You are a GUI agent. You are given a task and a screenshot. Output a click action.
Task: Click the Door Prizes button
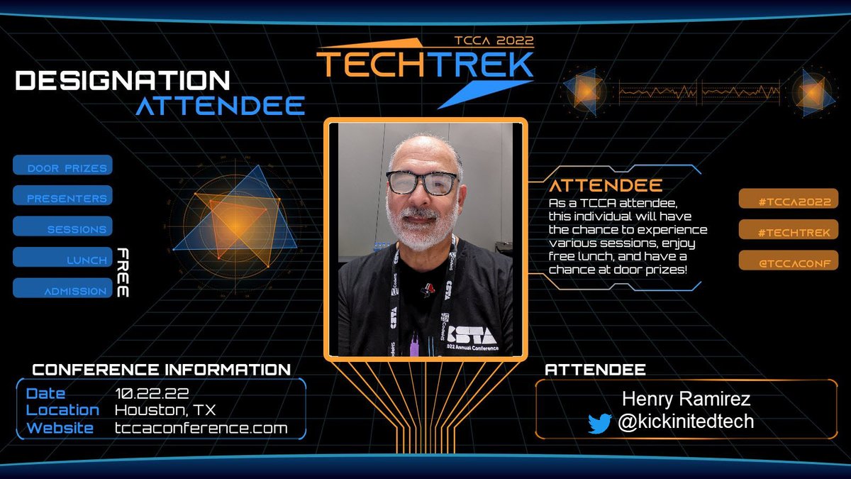click(x=63, y=167)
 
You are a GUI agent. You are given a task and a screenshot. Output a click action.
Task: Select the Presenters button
click(x=63, y=197)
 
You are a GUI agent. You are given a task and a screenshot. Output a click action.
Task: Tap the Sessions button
click(x=63, y=228)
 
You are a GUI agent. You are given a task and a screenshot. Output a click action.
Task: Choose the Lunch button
click(x=63, y=259)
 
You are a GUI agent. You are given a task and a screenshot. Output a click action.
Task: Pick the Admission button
click(x=63, y=290)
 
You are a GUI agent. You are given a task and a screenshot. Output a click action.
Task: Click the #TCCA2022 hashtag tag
click(x=788, y=200)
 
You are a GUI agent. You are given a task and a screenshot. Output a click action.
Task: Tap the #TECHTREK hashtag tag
click(x=788, y=231)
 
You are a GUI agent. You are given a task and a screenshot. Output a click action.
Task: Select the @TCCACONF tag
click(x=788, y=262)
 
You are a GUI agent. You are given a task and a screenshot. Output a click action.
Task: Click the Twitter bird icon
click(x=599, y=424)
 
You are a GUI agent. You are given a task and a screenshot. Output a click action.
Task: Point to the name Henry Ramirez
click(x=686, y=400)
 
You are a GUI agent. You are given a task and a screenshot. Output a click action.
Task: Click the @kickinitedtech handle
click(x=686, y=422)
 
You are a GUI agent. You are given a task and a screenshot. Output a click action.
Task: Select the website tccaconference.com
click(x=201, y=428)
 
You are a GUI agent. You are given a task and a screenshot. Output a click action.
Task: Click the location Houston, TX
click(x=165, y=410)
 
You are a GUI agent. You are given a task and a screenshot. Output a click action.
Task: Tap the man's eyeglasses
click(x=421, y=182)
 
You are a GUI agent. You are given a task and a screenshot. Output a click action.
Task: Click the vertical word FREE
click(x=122, y=272)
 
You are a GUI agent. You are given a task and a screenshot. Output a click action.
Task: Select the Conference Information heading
click(x=162, y=370)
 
